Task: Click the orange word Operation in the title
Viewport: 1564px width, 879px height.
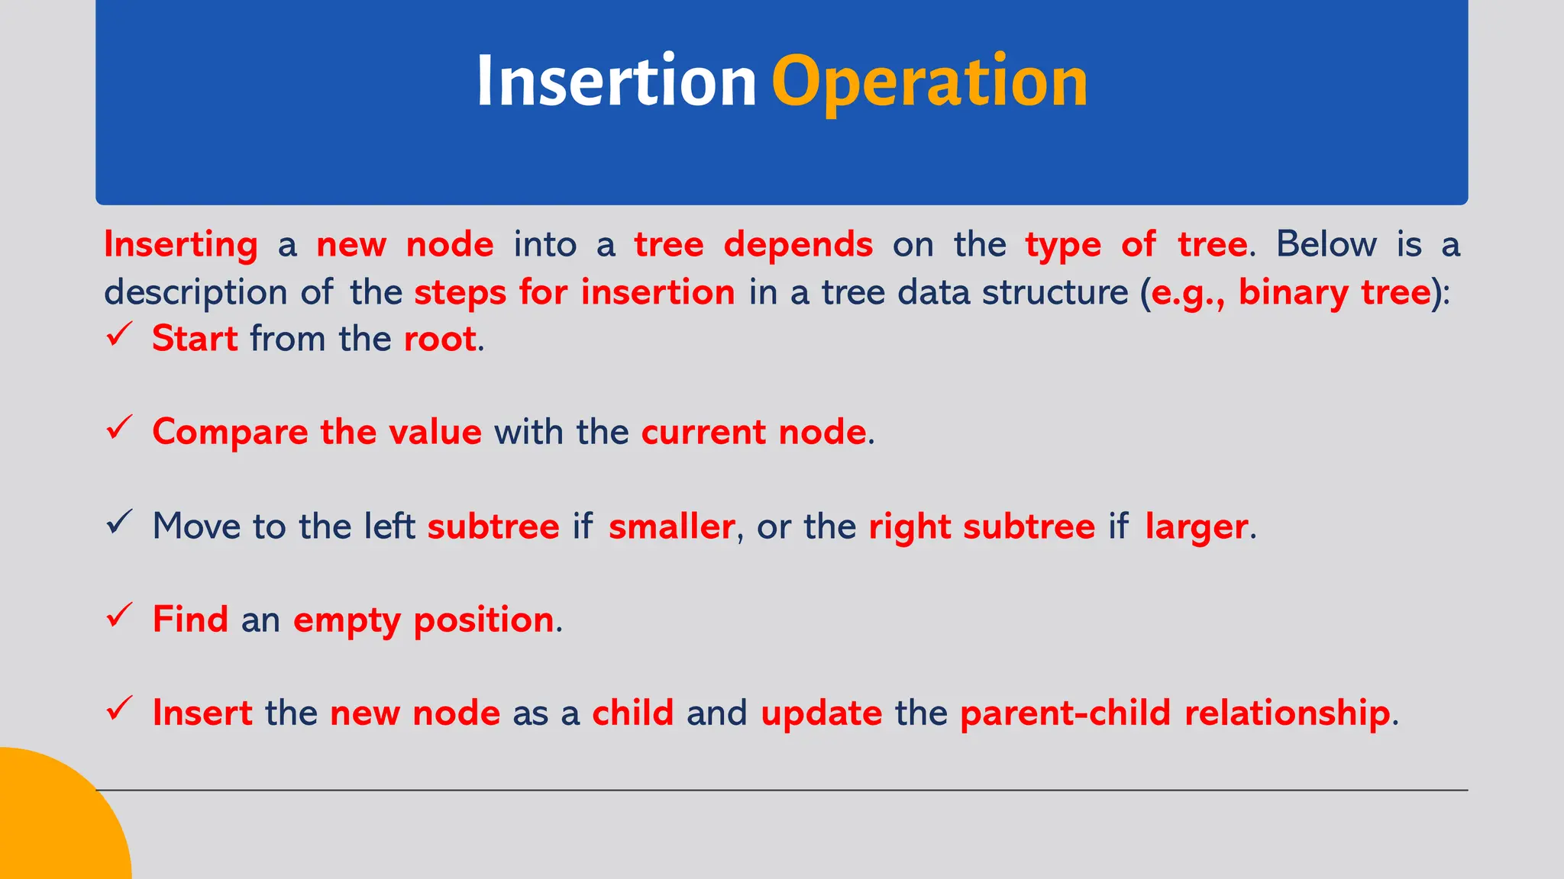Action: [929, 82]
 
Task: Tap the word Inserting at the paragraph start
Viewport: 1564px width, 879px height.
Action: [181, 245]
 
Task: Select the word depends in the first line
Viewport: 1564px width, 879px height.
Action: [798, 245]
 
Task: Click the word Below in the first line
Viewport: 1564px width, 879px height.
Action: [1326, 245]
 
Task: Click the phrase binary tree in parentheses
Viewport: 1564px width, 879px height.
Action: [1334, 293]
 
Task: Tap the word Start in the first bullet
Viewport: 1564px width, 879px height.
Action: [195, 339]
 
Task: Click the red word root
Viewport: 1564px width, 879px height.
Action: [440, 339]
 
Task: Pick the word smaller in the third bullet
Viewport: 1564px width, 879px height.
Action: [671, 526]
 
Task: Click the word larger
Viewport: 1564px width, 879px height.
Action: [1196, 526]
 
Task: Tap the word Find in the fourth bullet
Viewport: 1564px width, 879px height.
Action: [190, 619]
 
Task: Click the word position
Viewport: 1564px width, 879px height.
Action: [483, 620]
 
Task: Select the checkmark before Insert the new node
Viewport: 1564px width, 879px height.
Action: [120, 710]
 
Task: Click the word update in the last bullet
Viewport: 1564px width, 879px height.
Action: [821, 713]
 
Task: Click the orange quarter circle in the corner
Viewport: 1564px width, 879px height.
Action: [53, 824]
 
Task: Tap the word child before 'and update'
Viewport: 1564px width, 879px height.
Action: [632, 713]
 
